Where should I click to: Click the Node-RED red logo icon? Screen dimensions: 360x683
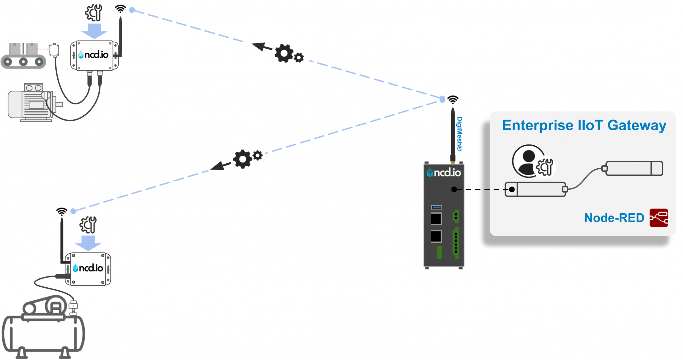click(x=659, y=218)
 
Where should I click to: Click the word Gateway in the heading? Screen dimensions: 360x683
click(x=637, y=126)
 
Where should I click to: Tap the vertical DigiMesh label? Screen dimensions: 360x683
click(x=460, y=133)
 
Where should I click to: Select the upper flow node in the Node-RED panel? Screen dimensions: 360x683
click(x=634, y=168)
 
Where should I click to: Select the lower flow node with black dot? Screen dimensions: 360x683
click(x=535, y=189)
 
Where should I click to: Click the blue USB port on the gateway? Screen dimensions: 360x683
click(x=436, y=207)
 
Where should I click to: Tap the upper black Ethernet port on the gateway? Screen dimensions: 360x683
click(x=436, y=219)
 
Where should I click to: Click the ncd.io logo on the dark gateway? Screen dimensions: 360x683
click(x=444, y=172)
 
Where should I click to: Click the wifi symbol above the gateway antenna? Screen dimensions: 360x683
click(x=453, y=99)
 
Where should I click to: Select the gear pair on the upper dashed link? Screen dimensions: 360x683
click(x=288, y=54)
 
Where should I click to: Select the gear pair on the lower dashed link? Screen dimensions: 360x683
click(x=247, y=158)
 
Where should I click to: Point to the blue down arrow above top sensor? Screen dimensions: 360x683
click(x=94, y=31)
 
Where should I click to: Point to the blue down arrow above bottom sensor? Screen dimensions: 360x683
click(x=88, y=243)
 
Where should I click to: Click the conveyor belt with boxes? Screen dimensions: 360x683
click(x=23, y=56)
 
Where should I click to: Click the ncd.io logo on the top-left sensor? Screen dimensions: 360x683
click(x=94, y=55)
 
